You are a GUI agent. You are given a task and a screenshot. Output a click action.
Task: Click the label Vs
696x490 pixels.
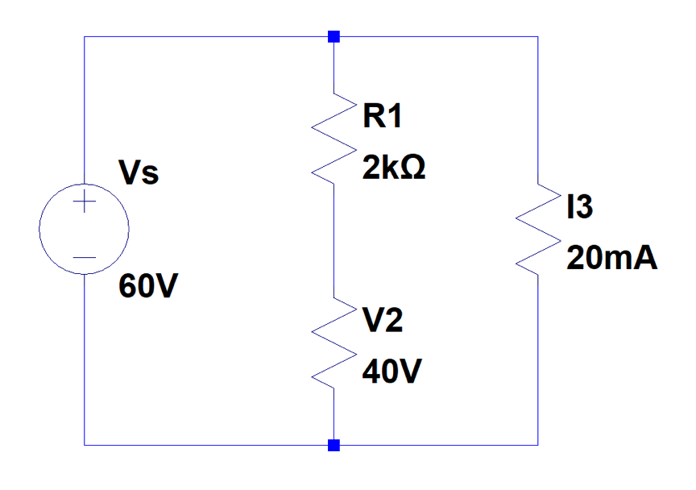coord(139,175)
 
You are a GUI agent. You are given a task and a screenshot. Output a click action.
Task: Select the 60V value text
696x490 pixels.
coord(147,286)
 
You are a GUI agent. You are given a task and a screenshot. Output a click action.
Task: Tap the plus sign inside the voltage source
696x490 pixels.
coord(85,205)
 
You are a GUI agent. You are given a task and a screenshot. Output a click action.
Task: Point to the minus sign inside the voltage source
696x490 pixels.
coord(85,258)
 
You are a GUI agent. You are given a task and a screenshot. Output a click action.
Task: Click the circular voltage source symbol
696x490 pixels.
coord(85,230)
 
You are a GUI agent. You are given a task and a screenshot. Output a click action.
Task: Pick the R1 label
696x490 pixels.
coord(382,118)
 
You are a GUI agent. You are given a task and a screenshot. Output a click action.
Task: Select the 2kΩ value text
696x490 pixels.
coord(394,169)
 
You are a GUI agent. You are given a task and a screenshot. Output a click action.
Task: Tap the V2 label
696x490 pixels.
coord(383,322)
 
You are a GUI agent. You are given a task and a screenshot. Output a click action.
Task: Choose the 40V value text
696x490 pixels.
coord(390,373)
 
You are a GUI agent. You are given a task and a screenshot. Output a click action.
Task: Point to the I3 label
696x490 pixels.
coord(580,208)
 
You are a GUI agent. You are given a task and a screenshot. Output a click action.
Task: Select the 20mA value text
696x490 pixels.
coord(611,259)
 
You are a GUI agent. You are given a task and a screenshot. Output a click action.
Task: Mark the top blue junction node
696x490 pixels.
coord(333,36)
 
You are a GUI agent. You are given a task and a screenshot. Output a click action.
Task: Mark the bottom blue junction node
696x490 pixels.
coord(333,445)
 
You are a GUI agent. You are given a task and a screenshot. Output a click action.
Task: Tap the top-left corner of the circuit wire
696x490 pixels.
coord(85,36)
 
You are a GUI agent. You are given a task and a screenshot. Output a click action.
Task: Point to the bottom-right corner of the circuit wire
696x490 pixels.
coord(537,445)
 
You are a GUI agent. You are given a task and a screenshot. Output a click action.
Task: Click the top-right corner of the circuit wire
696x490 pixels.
coord(537,36)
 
